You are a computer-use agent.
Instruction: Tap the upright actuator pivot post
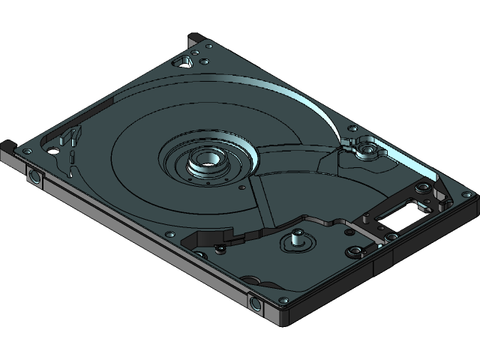[297, 238]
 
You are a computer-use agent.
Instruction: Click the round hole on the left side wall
[34, 178]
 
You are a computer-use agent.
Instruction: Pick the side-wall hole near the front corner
[256, 302]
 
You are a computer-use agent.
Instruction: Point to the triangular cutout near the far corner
[182, 61]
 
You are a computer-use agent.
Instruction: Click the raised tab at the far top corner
[197, 37]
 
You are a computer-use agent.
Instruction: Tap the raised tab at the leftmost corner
[7, 144]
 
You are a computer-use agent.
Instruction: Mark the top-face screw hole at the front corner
[285, 299]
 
